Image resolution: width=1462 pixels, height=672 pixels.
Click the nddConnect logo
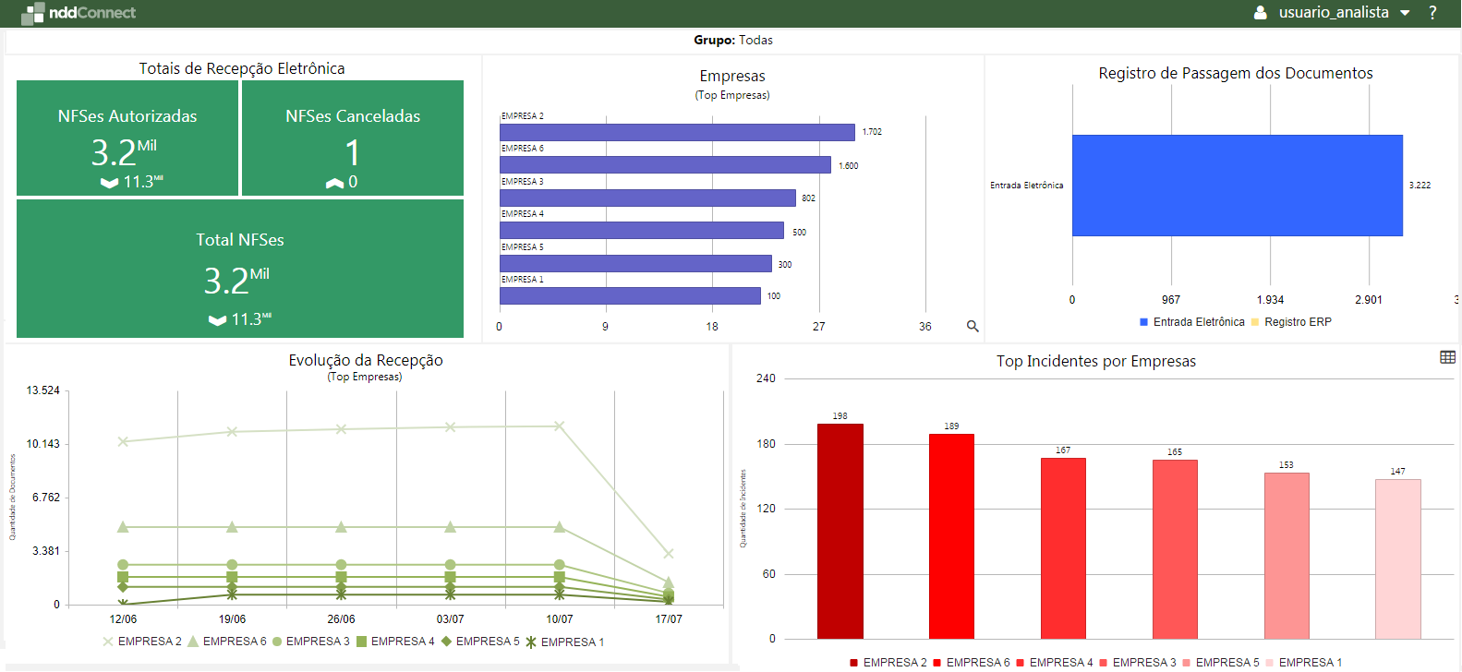(79, 13)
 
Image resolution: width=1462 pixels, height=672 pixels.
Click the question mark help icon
(1432, 13)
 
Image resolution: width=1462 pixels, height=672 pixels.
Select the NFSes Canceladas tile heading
(352, 116)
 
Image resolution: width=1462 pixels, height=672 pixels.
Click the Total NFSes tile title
(239, 240)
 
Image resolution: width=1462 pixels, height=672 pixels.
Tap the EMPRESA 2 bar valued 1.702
(676, 133)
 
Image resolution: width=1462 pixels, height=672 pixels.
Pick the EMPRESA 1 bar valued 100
(629, 296)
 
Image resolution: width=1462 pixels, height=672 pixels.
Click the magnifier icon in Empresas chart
(972, 326)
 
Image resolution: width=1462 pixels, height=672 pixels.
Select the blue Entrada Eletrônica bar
(1237, 186)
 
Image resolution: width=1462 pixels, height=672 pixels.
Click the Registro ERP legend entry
(1297, 322)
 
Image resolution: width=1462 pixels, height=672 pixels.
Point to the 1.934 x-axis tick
(1270, 300)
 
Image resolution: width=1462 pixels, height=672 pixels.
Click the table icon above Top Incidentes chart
(1447, 357)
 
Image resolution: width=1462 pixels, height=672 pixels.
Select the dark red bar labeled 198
(840, 531)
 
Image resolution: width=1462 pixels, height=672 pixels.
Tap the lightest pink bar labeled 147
(1397, 558)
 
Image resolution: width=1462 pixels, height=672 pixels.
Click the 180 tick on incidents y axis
(766, 444)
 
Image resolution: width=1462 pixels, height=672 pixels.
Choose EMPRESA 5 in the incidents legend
(1226, 663)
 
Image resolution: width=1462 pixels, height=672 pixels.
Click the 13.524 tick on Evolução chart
(42, 390)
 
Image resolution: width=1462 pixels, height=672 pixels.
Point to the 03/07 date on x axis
(450, 619)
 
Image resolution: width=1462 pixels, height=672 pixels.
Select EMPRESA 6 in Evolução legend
(234, 642)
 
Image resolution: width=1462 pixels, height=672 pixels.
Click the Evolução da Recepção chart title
(365, 360)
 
